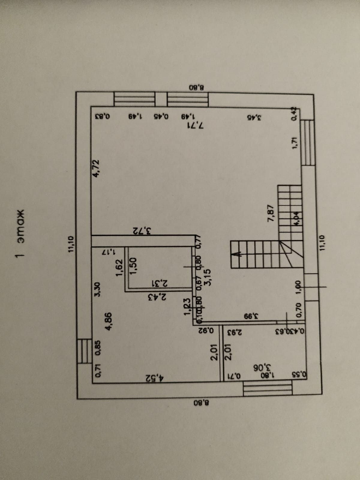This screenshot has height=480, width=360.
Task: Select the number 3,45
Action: click(x=254, y=118)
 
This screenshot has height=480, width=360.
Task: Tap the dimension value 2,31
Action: click(x=161, y=282)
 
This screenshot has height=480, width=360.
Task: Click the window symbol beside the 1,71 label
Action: click(x=308, y=142)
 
